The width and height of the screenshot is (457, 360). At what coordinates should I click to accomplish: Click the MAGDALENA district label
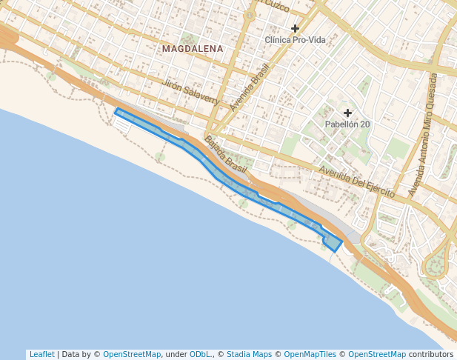(192, 49)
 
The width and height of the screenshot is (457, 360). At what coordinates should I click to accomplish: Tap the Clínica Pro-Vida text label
(295, 39)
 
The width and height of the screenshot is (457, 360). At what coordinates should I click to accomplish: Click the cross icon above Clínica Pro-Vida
(295, 28)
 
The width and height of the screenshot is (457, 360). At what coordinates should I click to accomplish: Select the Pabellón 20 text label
(347, 124)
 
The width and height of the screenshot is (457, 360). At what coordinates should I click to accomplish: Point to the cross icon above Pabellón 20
(347, 113)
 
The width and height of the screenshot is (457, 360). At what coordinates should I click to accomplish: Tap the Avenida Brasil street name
(250, 87)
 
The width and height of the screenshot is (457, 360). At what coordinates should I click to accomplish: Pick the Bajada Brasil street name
(225, 155)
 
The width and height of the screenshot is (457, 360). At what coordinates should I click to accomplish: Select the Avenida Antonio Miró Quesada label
(423, 134)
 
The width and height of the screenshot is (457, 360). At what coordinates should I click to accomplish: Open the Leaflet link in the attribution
(41, 354)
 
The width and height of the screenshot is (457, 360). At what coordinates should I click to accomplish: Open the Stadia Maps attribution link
(249, 354)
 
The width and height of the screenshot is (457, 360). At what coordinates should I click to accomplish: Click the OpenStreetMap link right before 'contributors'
(376, 354)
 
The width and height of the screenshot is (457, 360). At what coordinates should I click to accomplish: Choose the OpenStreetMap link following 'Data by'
(132, 354)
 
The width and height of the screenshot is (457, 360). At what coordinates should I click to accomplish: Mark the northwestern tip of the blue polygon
(118, 111)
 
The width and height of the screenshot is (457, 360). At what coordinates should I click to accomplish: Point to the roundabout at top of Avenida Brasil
(250, 14)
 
